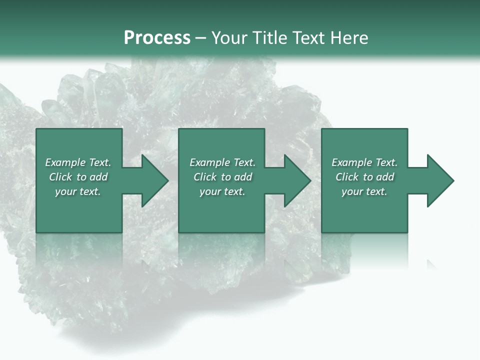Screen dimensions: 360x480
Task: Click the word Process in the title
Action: coord(157,38)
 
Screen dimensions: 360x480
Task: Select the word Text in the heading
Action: coord(309,38)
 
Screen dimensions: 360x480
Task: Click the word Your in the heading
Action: coord(229,38)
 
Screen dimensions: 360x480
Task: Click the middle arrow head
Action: coord(297,181)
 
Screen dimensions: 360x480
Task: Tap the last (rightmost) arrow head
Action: coord(439,181)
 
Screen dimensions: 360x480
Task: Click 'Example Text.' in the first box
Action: coord(78,162)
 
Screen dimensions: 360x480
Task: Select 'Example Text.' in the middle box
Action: coord(222,162)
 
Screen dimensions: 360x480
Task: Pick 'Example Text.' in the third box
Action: coord(364,162)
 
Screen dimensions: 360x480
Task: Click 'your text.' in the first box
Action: coord(78,191)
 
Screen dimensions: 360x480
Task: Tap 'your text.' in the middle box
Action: coord(222,191)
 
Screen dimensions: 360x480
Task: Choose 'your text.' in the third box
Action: coord(364,191)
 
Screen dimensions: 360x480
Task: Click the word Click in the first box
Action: coord(60,177)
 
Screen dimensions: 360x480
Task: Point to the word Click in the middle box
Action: coord(205,177)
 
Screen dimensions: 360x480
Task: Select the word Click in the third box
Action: coord(347,177)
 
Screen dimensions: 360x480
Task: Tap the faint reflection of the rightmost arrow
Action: coord(431,264)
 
